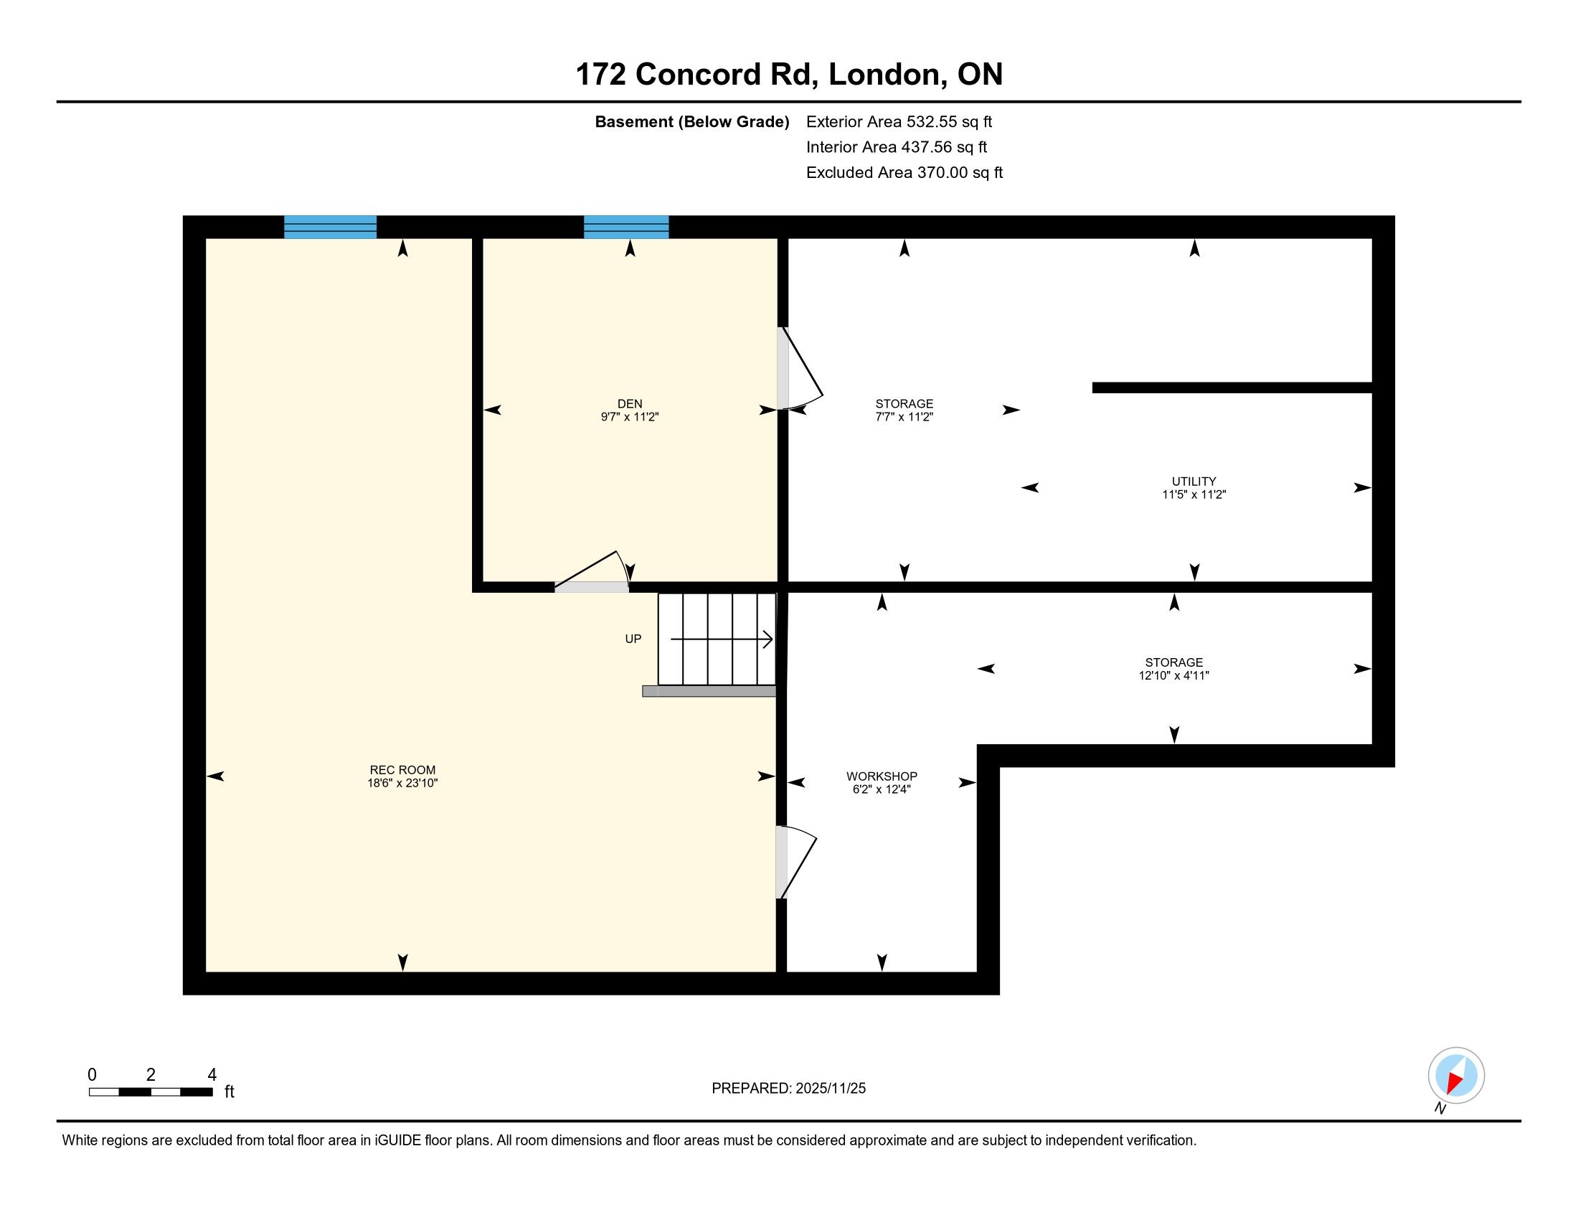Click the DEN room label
coord(629,403)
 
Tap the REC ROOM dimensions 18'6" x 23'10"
coord(402,783)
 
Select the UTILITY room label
coord(1194,482)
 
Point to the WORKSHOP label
coord(882,776)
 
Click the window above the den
coord(625,227)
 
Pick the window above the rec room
coord(330,227)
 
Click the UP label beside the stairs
coord(633,639)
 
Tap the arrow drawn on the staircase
coord(722,639)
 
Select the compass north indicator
coord(1456,1075)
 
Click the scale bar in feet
coord(151,1092)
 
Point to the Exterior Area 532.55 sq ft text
coord(899,121)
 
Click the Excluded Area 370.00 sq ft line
coord(904,172)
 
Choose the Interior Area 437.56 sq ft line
coord(897,146)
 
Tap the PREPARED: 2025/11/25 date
coord(788,1088)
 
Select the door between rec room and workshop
coord(795,862)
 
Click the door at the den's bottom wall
coord(592,573)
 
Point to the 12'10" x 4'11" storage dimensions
coord(1173,676)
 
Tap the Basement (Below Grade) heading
coord(691,121)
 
